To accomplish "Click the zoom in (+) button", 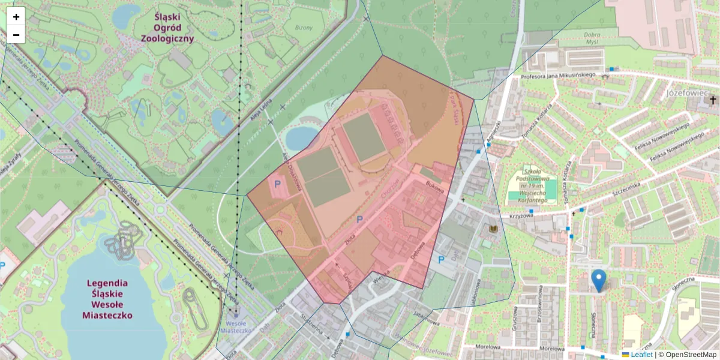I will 16,17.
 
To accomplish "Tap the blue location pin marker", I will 598,280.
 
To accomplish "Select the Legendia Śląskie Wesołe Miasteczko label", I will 107,298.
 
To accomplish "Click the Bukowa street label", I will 434,188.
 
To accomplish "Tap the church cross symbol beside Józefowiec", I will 713,100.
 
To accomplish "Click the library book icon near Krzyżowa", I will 494,229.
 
